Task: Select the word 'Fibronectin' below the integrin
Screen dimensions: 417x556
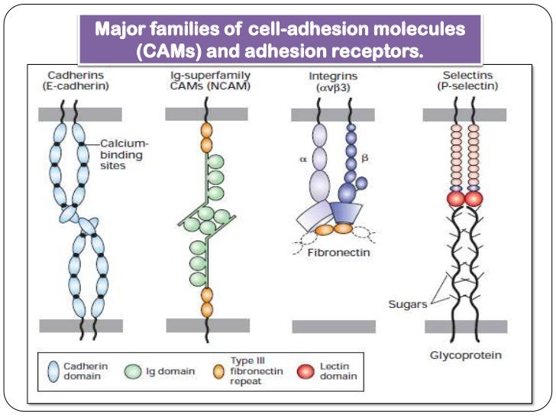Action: coord(338,253)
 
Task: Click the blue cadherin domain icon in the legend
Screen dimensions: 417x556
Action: coord(55,370)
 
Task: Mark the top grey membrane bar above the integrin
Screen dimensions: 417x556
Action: coord(335,114)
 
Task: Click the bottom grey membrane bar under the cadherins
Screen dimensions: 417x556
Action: coord(81,326)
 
